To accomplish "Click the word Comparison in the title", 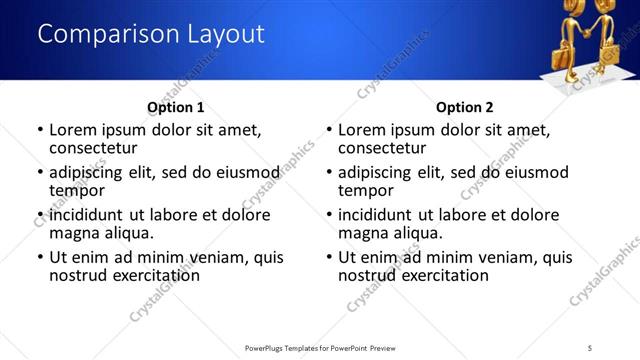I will click(x=100, y=34).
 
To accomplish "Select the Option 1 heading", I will click(x=175, y=107).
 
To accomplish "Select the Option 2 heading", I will click(x=464, y=107).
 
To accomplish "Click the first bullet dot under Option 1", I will click(x=40, y=130).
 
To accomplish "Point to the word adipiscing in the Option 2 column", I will click(x=376, y=172).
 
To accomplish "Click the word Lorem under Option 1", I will click(x=74, y=129).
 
